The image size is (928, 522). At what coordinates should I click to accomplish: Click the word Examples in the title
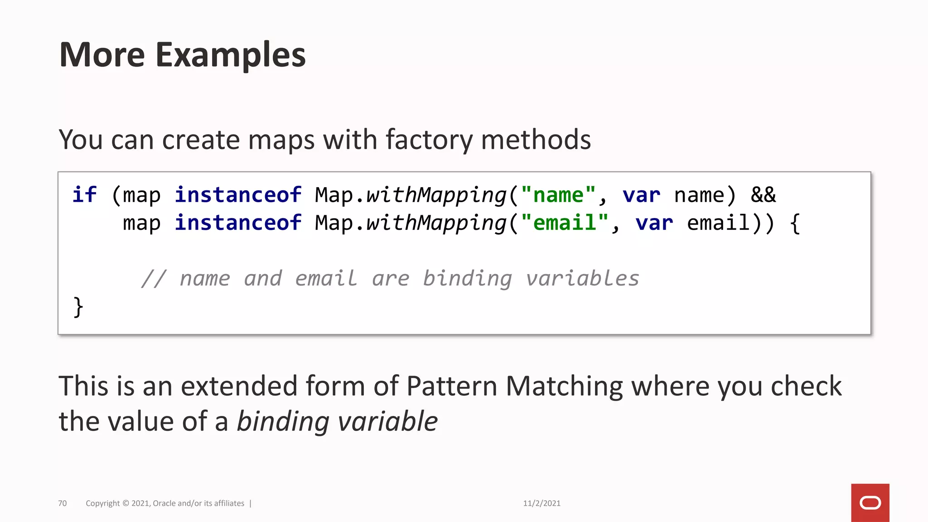[231, 55]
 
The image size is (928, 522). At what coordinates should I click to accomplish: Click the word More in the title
[102, 55]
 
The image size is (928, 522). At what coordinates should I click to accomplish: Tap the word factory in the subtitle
[429, 140]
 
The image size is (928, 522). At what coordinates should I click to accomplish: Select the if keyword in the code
[84, 195]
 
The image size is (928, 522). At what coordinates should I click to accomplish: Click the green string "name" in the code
[558, 195]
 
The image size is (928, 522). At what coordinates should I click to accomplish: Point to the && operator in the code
[763, 195]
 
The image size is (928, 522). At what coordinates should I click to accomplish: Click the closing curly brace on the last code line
[78, 307]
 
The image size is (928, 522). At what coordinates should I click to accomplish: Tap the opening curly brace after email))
[795, 223]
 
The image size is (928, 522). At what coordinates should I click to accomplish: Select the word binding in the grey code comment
[467, 279]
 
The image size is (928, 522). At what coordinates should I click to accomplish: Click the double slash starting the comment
[154, 279]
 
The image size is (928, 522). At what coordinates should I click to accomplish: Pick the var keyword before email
[654, 223]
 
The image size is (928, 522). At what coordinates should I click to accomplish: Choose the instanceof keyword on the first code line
[238, 195]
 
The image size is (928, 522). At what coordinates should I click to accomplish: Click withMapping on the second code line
[436, 223]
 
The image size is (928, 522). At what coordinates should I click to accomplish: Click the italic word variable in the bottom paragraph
[387, 421]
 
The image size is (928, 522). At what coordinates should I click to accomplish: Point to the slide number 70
[63, 503]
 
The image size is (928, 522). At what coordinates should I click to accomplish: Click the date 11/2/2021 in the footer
[541, 503]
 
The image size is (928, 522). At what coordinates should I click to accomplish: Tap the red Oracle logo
[870, 503]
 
